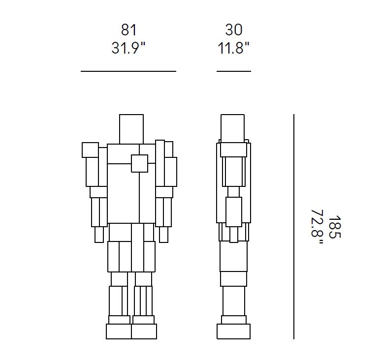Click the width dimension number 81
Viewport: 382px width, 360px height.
(x=128, y=30)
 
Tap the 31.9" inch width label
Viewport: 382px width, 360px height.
(x=128, y=48)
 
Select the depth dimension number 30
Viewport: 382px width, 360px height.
(x=234, y=30)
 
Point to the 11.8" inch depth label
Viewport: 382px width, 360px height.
(x=233, y=48)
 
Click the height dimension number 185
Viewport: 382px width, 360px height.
(x=335, y=227)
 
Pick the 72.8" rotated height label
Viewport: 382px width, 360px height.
(x=317, y=227)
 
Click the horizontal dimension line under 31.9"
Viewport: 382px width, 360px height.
(x=128, y=71)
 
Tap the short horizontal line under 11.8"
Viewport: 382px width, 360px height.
(x=234, y=71)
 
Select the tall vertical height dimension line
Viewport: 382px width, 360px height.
(x=294, y=226)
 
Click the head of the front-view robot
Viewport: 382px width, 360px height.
(x=131, y=129)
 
